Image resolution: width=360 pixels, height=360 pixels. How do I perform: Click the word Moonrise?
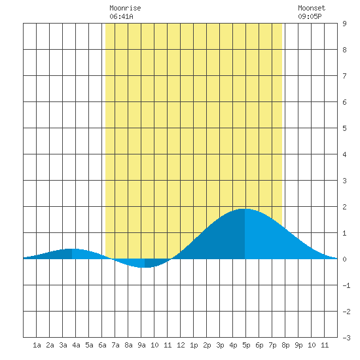coord(125,8)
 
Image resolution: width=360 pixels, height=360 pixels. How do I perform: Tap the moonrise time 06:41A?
coord(121,16)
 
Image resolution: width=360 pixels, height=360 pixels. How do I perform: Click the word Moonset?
coord(312,8)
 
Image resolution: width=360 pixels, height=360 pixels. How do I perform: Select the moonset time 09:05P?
coord(310,16)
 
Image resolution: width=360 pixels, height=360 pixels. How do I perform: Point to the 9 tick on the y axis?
coord(344,24)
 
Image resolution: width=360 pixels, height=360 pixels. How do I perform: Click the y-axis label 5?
coord(344,128)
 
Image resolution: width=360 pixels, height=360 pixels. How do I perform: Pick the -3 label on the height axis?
coord(346,338)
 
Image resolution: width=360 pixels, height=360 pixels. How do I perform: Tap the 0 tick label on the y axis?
coord(344,259)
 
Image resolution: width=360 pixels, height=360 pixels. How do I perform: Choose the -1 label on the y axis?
coord(346,285)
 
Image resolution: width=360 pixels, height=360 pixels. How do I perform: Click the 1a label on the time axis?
coord(37,345)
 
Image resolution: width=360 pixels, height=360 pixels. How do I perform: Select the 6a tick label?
coord(102,345)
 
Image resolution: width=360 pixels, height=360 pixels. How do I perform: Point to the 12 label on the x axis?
coord(181,345)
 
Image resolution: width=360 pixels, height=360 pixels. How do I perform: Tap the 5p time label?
coord(246,345)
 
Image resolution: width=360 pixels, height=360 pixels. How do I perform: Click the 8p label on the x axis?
coord(285,345)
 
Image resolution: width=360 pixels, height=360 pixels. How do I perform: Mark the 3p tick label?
coord(220,345)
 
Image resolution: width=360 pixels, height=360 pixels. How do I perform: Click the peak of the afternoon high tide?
coord(245,209)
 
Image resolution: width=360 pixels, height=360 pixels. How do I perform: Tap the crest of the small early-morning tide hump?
coord(72,249)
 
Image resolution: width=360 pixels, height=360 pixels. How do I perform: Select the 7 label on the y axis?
coord(344,76)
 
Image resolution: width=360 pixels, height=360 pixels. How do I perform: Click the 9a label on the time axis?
coord(141,345)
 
